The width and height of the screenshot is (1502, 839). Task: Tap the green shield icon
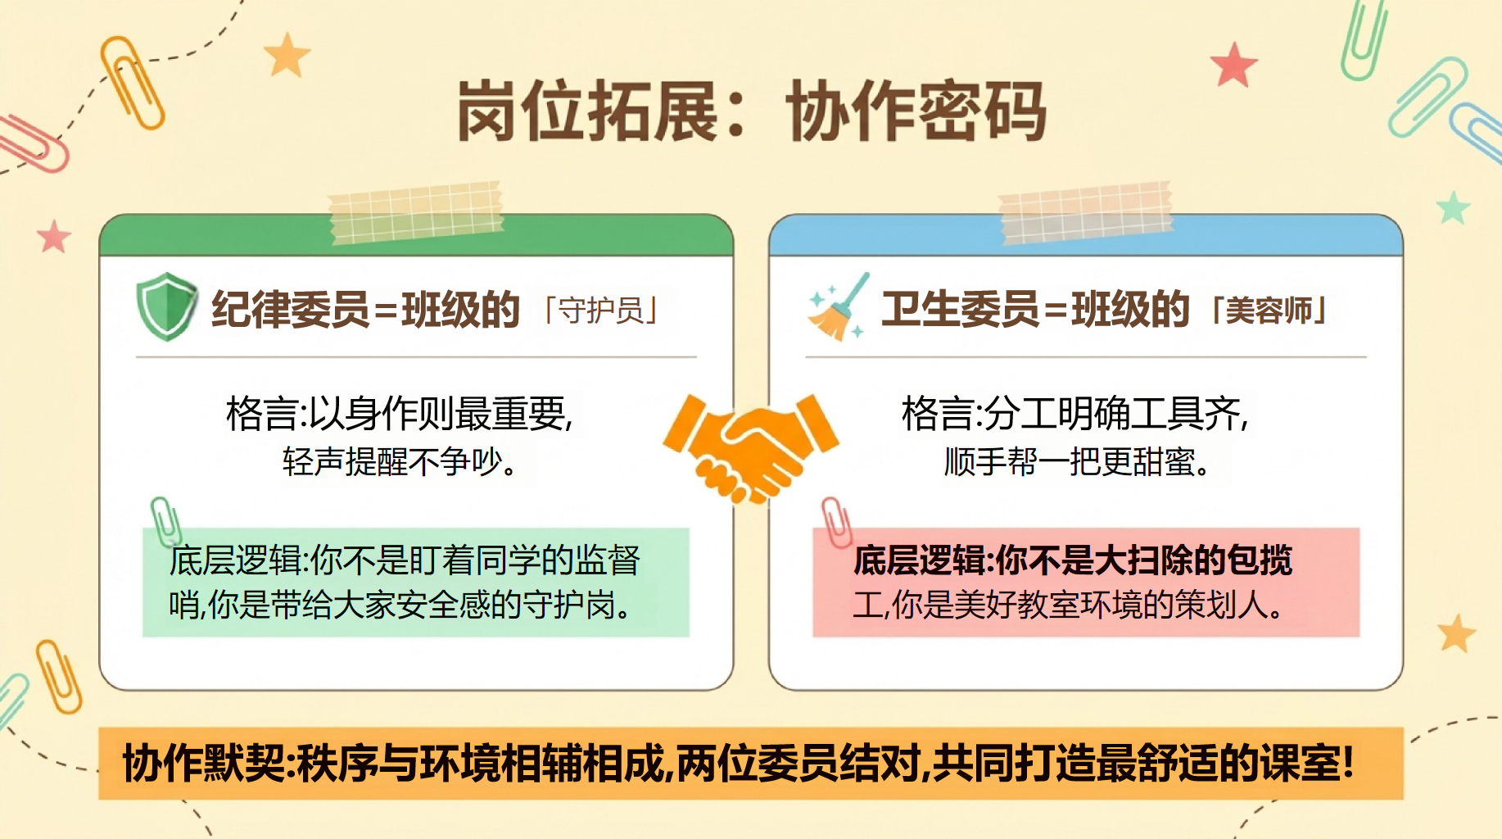(167, 306)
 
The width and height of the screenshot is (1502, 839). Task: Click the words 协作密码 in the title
(916, 111)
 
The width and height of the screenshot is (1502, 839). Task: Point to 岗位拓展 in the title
(587, 111)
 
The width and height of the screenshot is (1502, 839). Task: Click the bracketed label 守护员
(601, 311)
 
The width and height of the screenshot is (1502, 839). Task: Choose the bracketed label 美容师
(1269, 311)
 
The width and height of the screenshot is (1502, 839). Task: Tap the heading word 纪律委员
(291, 310)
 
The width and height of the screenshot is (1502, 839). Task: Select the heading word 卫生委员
(961, 310)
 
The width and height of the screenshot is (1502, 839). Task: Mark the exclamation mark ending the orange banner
(1347, 764)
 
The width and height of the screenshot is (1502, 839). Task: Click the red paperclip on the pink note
(837, 522)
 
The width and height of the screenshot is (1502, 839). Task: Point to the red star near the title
(1233, 66)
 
